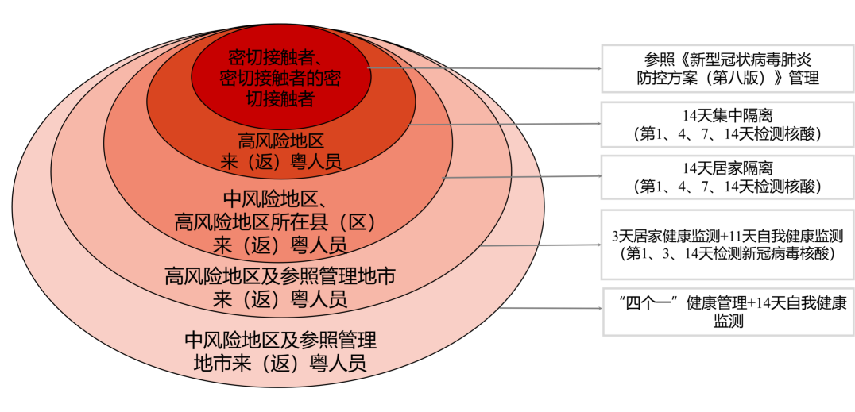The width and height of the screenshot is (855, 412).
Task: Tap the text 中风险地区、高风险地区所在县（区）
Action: [x=274, y=210]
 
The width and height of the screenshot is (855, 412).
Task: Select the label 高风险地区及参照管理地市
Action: [x=280, y=276]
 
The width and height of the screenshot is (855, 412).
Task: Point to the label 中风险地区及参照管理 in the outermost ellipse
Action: [x=280, y=341]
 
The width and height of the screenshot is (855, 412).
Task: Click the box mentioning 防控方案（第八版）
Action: [x=726, y=68]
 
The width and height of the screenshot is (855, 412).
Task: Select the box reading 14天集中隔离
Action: [x=726, y=124]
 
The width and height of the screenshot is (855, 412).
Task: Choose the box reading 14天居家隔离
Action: [x=726, y=177]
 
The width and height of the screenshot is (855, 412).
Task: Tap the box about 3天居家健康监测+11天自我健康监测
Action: [x=726, y=245]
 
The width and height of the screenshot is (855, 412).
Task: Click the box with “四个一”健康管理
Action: [x=726, y=311]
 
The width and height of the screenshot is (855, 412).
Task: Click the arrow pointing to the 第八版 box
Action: [x=485, y=69]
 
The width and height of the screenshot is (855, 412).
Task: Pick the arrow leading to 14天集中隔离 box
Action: [x=505, y=124]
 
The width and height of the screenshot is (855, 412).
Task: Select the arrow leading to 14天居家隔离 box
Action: [x=520, y=177]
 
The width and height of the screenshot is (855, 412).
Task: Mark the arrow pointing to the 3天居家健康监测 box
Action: [x=540, y=245]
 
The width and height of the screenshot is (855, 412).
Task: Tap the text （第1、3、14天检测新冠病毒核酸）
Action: [x=726, y=253]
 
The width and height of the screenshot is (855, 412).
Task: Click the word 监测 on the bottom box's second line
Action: [x=727, y=321]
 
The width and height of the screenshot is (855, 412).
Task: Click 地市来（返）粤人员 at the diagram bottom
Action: [x=280, y=364]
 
